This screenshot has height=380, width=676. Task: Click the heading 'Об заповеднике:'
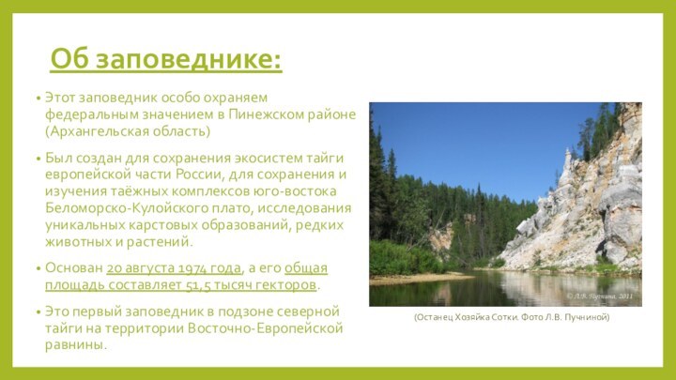coord(165,59)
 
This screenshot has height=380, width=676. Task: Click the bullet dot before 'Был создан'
coord(35,158)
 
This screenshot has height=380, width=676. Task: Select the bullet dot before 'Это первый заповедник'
coord(35,312)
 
